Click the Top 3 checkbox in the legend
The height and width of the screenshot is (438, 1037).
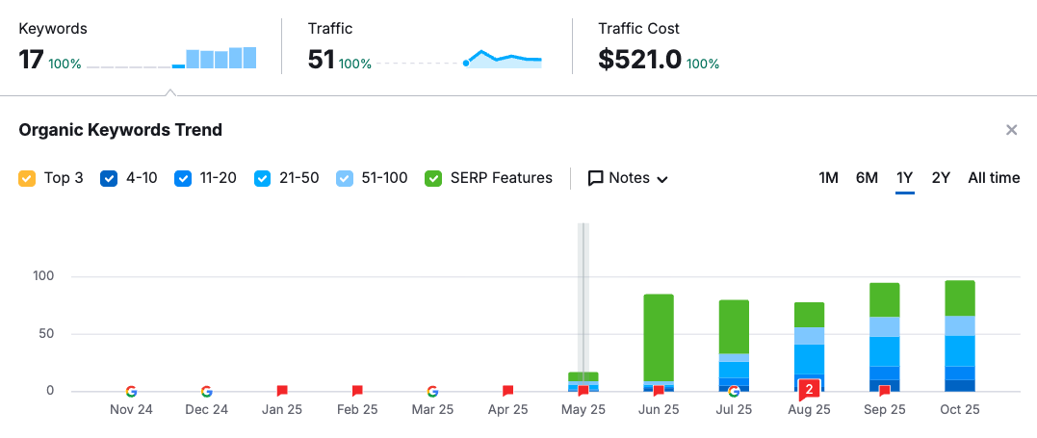coord(27,178)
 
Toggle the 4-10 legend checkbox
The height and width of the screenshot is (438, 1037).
coord(109,178)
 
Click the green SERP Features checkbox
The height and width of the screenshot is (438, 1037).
coord(433,178)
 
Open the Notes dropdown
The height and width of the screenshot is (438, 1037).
coord(628,178)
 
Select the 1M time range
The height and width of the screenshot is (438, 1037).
coord(828,178)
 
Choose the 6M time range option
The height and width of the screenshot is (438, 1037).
coord(867,178)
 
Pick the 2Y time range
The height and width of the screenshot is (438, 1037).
coord(941,178)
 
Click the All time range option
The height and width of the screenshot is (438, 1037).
coord(994,178)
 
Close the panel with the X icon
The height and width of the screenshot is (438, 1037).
coord(1011,130)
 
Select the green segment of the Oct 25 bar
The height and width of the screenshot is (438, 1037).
coord(960,298)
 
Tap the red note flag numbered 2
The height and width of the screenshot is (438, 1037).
coord(810,389)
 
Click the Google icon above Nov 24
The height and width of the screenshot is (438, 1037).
coord(131,391)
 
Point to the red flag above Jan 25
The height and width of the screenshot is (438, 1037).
coord(282,391)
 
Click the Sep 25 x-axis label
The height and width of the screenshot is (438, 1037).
coord(884,409)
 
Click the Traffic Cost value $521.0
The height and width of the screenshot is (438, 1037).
coord(639,60)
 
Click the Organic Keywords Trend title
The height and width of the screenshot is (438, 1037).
coord(120,130)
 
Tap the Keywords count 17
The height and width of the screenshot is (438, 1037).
coord(31,60)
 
